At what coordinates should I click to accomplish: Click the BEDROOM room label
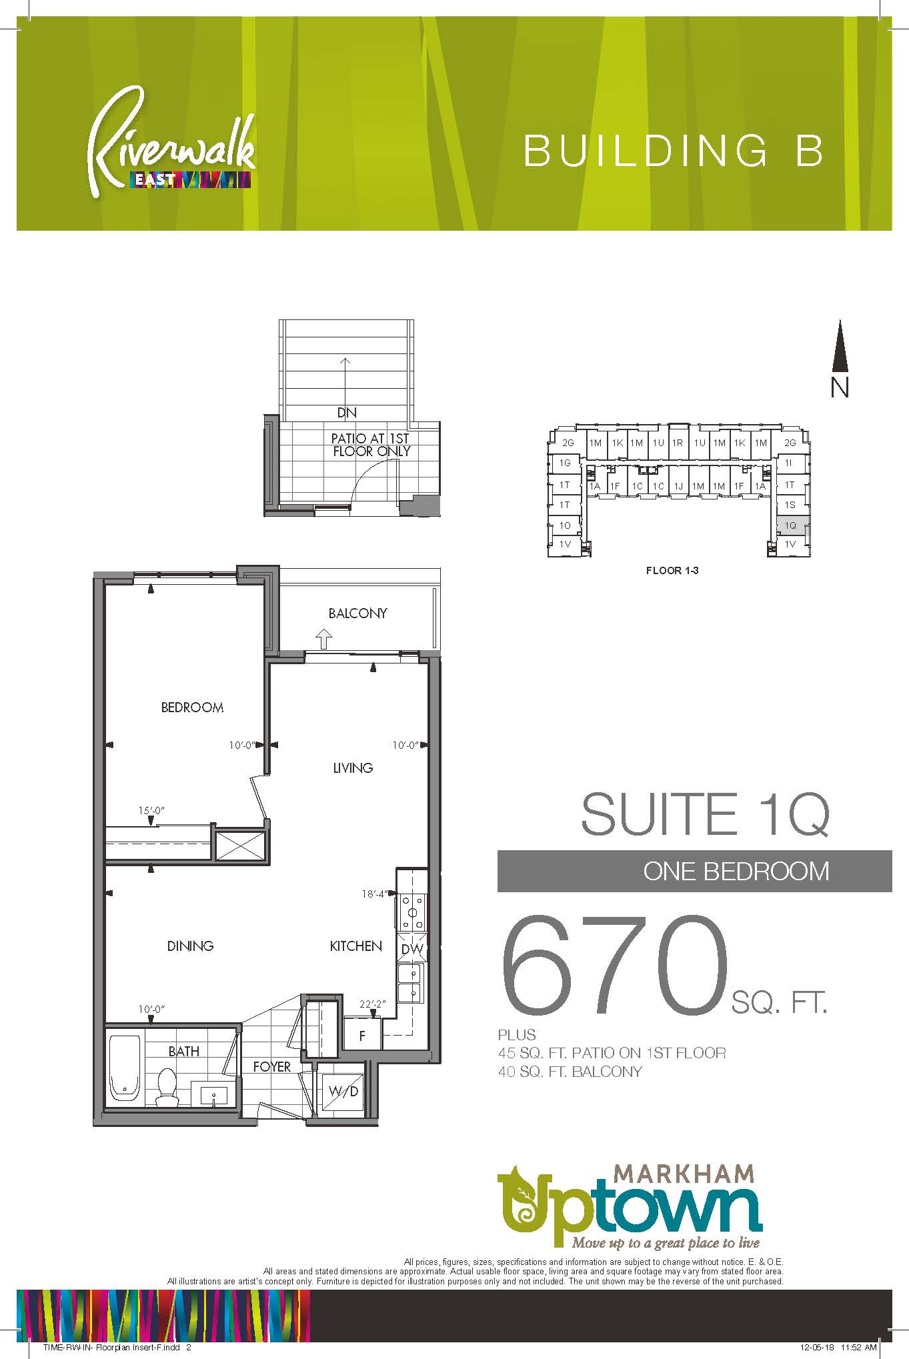[x=192, y=707]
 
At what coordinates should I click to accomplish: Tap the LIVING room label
[x=353, y=768]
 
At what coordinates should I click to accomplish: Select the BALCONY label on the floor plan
[x=357, y=613]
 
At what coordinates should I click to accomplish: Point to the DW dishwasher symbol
[x=413, y=949]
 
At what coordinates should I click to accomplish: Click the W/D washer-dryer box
[x=343, y=1091]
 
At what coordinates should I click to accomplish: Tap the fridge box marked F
[x=363, y=1036]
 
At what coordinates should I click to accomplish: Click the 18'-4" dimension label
[x=374, y=894]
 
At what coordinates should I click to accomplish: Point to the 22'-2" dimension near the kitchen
[x=373, y=1004]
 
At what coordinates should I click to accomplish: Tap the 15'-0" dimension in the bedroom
[x=151, y=811]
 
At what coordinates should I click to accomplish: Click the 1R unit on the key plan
[x=678, y=442]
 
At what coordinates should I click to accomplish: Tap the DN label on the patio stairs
[x=347, y=413]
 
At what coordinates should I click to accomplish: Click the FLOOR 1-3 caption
[x=672, y=571]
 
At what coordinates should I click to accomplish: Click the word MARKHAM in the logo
[x=684, y=1173]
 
